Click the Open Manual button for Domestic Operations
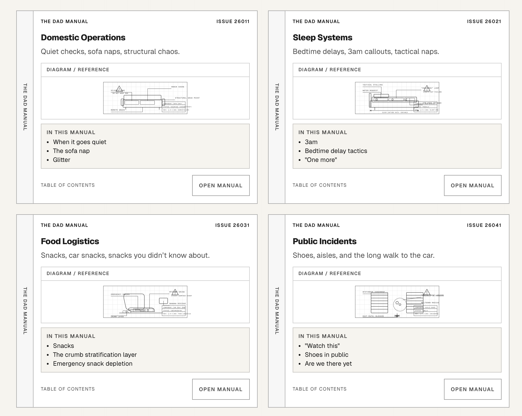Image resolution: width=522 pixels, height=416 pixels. (221, 185)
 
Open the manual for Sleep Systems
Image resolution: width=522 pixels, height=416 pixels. (473, 185)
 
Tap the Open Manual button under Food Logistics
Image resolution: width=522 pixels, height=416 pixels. (221, 389)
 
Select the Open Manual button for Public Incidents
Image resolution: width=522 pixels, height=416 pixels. (473, 389)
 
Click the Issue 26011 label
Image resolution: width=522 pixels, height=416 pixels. (233, 21)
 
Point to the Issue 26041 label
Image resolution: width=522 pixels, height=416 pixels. (484, 225)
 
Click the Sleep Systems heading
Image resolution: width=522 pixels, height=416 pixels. (322, 37)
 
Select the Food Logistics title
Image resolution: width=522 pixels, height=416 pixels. (70, 241)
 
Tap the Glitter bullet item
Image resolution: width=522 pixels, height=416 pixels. (62, 160)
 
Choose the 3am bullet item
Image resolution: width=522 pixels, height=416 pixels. (311, 142)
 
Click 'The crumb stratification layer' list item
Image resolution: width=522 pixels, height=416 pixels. (95, 355)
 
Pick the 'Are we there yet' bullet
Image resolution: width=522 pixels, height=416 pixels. (328, 364)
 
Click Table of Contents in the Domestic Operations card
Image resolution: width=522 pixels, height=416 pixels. (68, 185)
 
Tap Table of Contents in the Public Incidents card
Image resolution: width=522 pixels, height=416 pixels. (319, 389)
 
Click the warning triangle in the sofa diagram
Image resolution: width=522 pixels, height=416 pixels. (119, 89)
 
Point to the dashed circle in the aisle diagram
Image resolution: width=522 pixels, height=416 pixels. (399, 304)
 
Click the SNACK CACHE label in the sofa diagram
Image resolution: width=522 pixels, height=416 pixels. (177, 87)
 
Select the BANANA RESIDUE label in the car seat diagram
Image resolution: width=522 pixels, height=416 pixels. (177, 304)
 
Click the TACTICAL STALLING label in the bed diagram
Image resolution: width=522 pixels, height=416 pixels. (372, 85)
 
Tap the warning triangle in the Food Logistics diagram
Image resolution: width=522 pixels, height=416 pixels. (175, 292)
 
